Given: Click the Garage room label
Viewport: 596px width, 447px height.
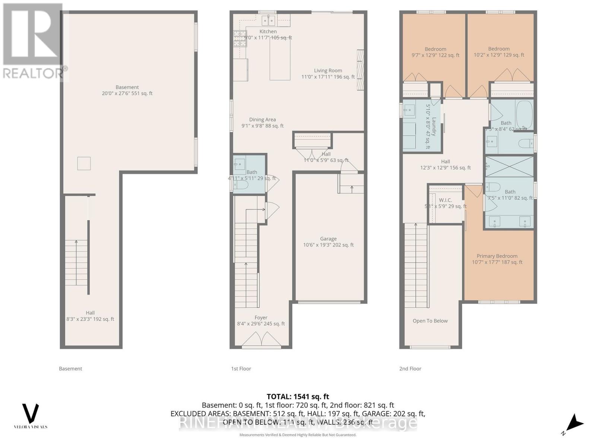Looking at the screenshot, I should click(328, 239).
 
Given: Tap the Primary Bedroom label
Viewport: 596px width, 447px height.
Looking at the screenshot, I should click(497, 256).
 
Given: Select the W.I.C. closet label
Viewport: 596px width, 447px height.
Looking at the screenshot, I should click(445, 200).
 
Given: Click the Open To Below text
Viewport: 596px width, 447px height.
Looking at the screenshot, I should click(430, 321).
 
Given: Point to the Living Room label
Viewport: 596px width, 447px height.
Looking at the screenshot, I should click(328, 71).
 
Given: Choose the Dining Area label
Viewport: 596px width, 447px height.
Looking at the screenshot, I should click(262, 120).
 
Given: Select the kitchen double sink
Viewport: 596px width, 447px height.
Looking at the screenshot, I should click(268, 20).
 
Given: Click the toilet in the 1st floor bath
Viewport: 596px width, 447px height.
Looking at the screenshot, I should click(241, 185).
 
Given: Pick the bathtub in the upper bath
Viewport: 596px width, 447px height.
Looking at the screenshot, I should click(524, 114).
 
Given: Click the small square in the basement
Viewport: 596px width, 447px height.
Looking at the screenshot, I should click(84, 164).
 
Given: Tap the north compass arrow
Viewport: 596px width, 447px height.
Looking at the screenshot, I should click(575, 423).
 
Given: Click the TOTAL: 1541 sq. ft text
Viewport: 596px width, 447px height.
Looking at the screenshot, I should click(298, 397).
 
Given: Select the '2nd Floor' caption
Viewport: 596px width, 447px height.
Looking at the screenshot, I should click(410, 369).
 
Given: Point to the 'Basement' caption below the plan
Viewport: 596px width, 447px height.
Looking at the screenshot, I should click(70, 369).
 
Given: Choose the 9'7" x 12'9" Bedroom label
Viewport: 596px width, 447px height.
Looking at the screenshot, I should click(435, 52).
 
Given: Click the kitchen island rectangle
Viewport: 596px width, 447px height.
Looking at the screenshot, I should click(280, 58).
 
